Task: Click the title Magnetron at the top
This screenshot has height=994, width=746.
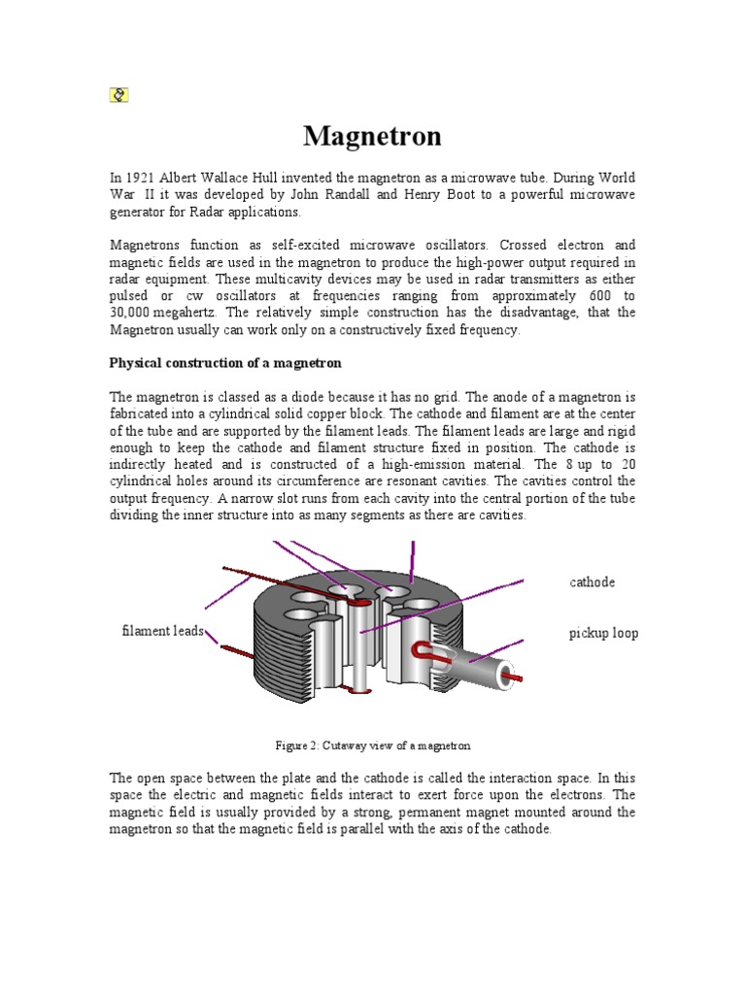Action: pos(372,136)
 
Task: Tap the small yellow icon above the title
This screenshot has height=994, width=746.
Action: pos(119,94)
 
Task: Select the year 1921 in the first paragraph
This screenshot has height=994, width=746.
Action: pos(140,178)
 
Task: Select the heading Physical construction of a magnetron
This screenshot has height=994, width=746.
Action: pos(225,363)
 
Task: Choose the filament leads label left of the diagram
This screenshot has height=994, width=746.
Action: pos(162,631)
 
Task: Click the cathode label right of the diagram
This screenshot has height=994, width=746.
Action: pos(592,582)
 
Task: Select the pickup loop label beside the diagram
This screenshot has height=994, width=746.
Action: pos(603,634)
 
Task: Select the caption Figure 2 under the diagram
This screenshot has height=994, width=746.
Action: pos(373,745)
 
